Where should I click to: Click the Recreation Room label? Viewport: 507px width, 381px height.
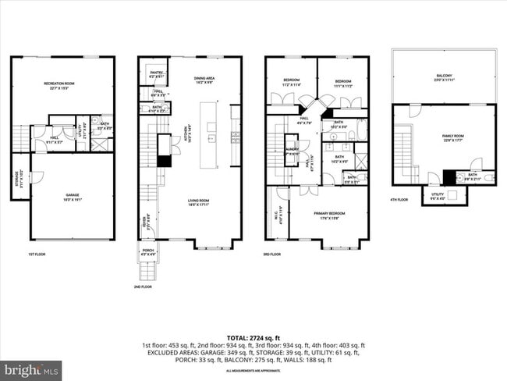(62, 84)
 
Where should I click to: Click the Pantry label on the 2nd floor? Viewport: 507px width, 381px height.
(156, 74)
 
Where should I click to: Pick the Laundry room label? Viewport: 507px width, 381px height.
(292, 151)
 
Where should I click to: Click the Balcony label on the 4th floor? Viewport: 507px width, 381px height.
(444, 77)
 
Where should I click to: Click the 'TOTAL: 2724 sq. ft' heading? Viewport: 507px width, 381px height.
(253, 337)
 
